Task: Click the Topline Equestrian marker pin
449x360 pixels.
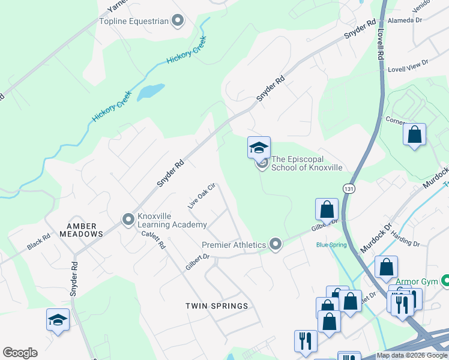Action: (177, 22)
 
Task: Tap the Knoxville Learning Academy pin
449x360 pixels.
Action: (128, 220)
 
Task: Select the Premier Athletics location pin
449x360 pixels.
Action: (276, 244)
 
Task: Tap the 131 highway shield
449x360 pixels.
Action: (348, 188)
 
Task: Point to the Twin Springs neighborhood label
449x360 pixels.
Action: (217, 306)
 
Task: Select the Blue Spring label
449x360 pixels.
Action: (331, 245)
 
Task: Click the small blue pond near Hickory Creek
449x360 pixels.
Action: (151, 91)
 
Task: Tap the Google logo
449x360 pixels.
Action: (20, 353)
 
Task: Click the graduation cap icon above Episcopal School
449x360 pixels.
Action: (259, 147)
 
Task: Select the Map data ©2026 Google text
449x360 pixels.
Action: (412, 356)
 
